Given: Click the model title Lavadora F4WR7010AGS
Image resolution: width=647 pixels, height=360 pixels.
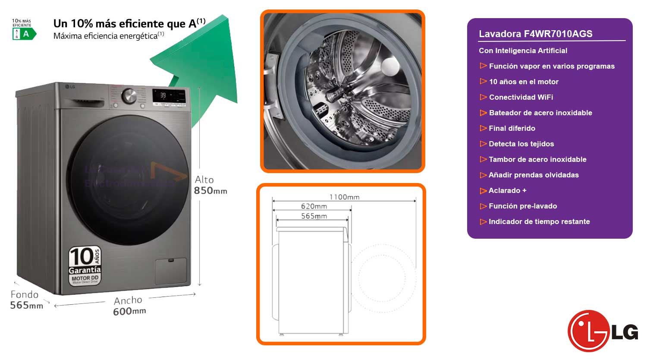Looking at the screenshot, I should tap(535, 34).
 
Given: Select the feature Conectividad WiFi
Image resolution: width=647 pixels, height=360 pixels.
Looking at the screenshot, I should tap(521, 97).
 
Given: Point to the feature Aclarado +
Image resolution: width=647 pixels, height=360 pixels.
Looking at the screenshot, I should tap(507, 190).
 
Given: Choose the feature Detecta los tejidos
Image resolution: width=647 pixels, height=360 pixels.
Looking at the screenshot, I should tap(521, 144).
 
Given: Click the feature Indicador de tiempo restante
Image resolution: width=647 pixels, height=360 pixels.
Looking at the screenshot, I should tap(539, 221).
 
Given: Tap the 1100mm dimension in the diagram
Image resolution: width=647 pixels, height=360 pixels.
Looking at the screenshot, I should tap(344, 197).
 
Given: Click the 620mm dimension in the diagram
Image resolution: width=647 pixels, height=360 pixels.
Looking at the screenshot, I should tap(314, 206).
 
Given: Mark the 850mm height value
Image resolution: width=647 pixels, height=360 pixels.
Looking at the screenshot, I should tap(210, 190).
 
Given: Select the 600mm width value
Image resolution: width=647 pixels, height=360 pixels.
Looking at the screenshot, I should tap(129, 311).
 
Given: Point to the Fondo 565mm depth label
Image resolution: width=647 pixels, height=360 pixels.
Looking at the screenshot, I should tap(26, 300).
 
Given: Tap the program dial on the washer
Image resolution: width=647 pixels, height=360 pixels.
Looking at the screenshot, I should tap(129, 96).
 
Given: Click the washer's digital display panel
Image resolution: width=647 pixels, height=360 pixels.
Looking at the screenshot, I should tap(169, 97).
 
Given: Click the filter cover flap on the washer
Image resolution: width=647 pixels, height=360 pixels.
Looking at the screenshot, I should tap(171, 271).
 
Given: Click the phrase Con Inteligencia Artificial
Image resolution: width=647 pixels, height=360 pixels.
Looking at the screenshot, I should tap(523, 51).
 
